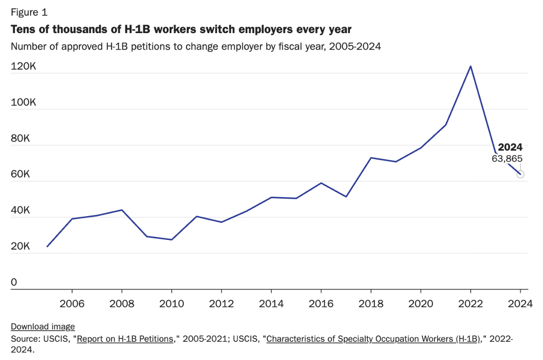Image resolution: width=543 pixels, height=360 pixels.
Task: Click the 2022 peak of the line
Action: pos(470,66)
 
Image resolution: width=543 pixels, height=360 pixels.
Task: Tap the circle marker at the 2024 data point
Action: pos(520,174)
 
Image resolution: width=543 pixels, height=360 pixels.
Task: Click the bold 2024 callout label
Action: pos(510,147)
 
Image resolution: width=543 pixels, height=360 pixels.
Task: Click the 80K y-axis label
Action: pos(21,139)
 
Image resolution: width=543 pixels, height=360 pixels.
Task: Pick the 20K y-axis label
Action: pos(21,247)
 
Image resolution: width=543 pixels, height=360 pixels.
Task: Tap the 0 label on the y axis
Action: pos(14,283)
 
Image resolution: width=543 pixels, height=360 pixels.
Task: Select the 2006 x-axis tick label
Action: pos(72,304)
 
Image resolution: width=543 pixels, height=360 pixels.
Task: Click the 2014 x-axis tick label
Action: pos(271,304)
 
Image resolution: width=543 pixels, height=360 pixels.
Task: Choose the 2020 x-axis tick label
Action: pos(420,304)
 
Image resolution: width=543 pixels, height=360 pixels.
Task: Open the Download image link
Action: pos(43,326)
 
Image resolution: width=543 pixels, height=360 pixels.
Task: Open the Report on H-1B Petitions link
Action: pos(126,339)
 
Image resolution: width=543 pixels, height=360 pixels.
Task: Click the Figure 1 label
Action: pos(29,13)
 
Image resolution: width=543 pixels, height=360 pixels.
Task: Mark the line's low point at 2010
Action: pos(171,240)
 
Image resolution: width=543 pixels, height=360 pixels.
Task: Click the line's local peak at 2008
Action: pos(122,210)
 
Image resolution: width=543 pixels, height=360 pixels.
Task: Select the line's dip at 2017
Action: pos(346,197)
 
